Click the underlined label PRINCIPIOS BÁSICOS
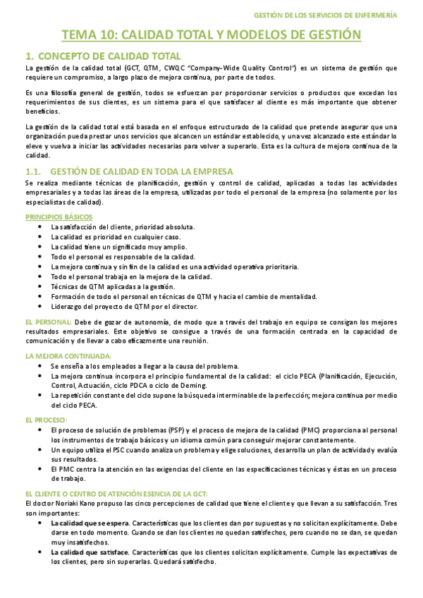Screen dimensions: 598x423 [x=54, y=216]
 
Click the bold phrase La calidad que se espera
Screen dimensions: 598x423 [x=90, y=524]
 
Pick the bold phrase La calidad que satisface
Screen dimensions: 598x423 [x=90, y=554]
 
